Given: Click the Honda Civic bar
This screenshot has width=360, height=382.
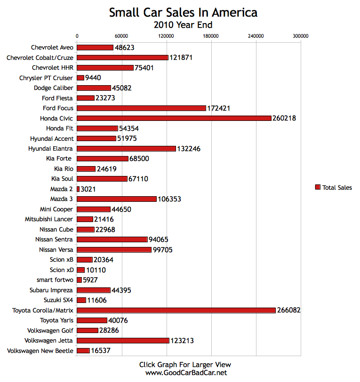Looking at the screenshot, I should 174,118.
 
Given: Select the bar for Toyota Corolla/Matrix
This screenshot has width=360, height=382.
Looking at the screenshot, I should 176,310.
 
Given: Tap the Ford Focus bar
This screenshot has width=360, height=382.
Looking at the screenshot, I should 141,108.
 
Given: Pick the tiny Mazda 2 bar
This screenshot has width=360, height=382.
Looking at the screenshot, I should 78,189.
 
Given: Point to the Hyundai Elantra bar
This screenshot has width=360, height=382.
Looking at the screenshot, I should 126,149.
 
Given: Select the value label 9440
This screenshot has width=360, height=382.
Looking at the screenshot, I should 93,78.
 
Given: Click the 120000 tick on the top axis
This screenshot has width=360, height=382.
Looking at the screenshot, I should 166,36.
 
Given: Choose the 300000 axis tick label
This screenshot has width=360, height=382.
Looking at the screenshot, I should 300,36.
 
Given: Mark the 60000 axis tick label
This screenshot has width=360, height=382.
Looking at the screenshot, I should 121,36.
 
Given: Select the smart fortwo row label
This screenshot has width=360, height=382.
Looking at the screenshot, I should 55,280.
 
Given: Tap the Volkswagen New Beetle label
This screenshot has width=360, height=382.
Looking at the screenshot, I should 40,351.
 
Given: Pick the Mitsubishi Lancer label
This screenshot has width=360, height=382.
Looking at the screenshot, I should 49,219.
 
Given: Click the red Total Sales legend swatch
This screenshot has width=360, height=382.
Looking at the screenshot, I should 317,188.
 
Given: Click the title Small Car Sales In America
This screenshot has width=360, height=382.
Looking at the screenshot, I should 183,13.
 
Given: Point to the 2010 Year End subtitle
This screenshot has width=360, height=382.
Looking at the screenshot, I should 183,24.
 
